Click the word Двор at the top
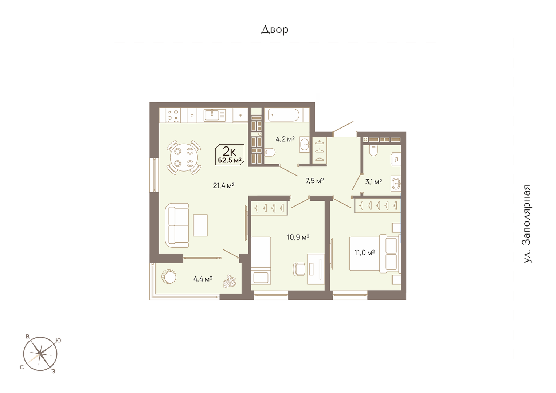[x=274, y=30]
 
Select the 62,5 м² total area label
[x=230, y=160]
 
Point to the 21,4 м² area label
[x=224, y=185]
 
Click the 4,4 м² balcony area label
[x=203, y=279]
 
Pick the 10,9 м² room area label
[x=298, y=237]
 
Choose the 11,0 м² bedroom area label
[x=364, y=252]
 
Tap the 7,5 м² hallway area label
[x=314, y=181]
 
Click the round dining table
[x=184, y=158]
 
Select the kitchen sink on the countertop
[x=215, y=115]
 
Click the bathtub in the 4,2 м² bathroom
[x=284, y=115]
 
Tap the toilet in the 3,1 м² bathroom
[x=373, y=150]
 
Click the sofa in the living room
[x=177, y=225]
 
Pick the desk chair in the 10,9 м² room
[x=299, y=269]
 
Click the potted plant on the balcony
[x=230, y=282]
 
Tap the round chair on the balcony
[x=169, y=276]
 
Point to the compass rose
[x=40, y=354]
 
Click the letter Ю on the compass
[x=58, y=341]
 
